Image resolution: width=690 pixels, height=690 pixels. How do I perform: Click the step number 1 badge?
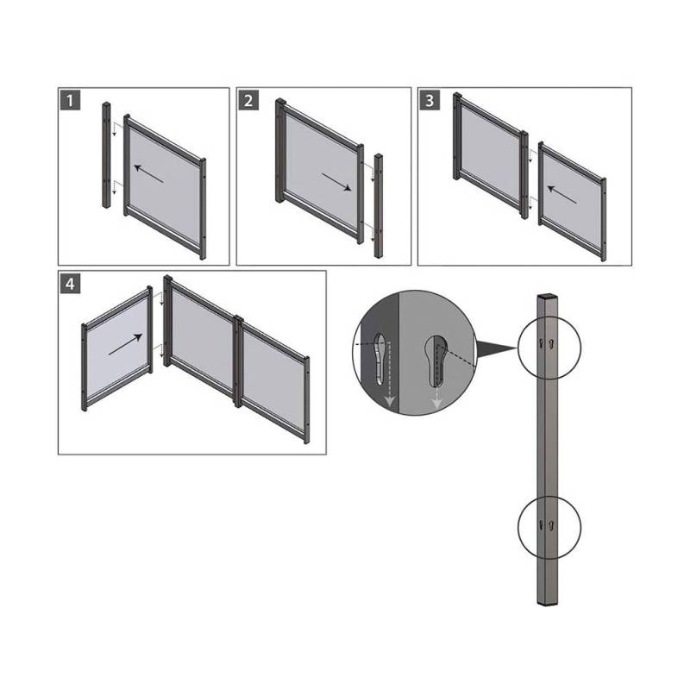70,101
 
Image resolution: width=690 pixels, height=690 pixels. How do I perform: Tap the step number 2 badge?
248,101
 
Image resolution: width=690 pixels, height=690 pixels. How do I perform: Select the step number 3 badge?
430,101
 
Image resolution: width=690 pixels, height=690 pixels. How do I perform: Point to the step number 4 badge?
70,285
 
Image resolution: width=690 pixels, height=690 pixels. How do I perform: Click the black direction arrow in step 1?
148,173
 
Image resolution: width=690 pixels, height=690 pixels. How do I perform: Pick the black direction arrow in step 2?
336,182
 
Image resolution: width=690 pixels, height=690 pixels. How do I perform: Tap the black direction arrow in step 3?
562,195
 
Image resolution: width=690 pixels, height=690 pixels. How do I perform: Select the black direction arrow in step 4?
125,344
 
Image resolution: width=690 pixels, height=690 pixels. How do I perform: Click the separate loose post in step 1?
106,155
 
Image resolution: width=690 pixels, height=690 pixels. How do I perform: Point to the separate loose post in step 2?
379,205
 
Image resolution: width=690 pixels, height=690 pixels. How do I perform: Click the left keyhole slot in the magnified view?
380,358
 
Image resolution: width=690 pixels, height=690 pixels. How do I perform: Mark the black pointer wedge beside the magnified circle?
495,349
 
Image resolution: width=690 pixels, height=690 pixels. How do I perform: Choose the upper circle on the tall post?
549,348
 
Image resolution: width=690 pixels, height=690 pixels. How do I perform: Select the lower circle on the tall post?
549,527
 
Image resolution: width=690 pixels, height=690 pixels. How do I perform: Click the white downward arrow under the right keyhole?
436,398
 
